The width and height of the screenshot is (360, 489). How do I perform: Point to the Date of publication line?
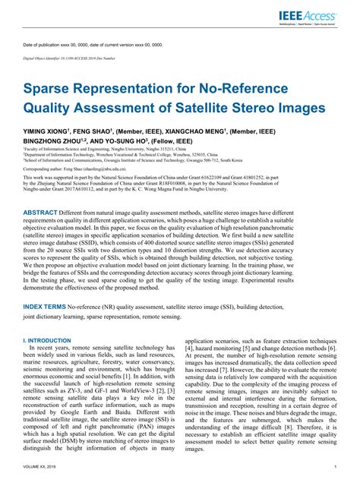click(92, 45)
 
